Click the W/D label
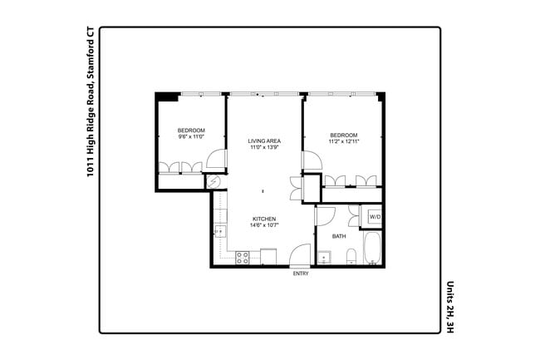click(x=375, y=217)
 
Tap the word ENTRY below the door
click(x=301, y=274)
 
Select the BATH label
click(x=339, y=236)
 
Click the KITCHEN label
click(x=264, y=219)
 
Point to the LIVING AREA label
click(x=264, y=141)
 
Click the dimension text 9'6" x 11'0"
click(x=190, y=136)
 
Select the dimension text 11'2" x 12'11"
click(x=343, y=142)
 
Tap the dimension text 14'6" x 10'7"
click(x=264, y=225)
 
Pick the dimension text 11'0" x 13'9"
click(x=264, y=148)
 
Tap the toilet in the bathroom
click(x=351, y=256)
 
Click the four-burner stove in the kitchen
click(x=243, y=258)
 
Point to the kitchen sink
click(x=221, y=230)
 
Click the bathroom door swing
click(x=324, y=215)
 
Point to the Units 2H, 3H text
click(x=450, y=307)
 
